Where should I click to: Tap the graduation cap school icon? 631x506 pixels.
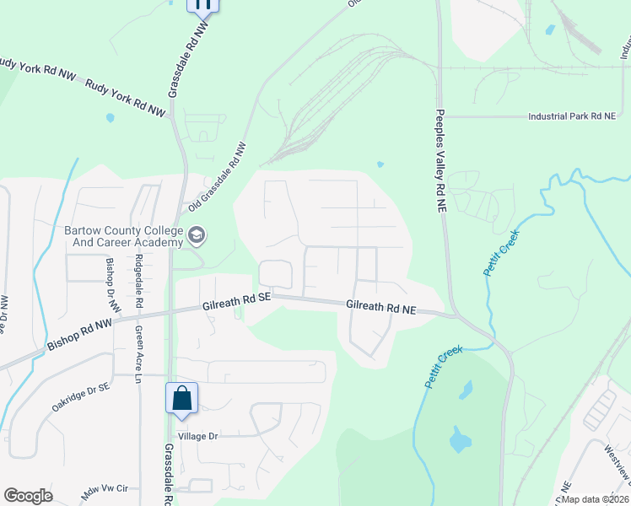197,235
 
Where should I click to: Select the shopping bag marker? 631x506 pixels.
182,399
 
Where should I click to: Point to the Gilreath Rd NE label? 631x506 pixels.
381,309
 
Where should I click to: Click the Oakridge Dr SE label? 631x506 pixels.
81,398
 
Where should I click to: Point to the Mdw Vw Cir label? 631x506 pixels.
105,488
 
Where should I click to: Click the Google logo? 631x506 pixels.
28,496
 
